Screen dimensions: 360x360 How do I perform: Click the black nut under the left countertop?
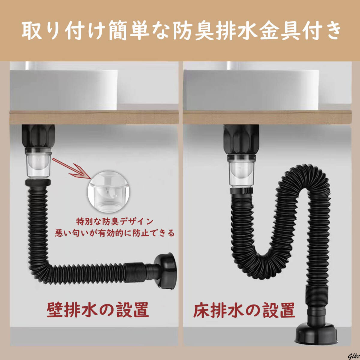click(38, 135)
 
